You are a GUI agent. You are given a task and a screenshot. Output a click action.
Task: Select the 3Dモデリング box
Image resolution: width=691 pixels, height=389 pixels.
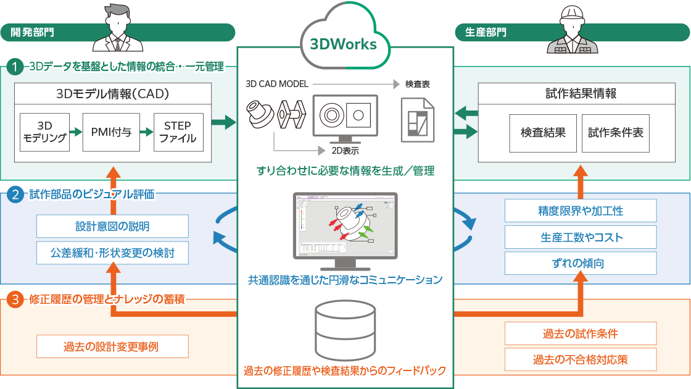(x=44, y=132)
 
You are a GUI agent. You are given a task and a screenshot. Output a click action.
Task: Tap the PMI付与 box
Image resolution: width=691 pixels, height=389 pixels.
(x=111, y=132)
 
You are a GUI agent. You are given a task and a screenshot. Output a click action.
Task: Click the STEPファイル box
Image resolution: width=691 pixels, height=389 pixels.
(x=178, y=132)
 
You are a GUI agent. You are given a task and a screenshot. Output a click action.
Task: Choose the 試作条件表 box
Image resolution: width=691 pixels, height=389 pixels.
(x=615, y=132)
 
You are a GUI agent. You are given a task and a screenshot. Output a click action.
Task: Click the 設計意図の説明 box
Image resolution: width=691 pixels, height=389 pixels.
(x=112, y=226)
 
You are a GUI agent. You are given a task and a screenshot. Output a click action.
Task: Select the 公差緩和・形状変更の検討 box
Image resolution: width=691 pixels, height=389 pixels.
(x=112, y=252)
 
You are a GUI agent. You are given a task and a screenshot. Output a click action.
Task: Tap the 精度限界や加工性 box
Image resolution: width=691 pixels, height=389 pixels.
(x=581, y=211)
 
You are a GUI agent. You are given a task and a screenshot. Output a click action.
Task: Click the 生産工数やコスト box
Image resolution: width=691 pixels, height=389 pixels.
(x=581, y=237)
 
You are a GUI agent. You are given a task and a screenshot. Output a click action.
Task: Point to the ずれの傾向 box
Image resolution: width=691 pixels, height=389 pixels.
(x=581, y=263)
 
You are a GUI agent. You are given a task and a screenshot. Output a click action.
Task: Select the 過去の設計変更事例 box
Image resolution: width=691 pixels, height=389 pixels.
(x=112, y=346)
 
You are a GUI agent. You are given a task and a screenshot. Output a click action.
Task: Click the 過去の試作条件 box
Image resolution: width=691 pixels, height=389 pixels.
(x=581, y=333)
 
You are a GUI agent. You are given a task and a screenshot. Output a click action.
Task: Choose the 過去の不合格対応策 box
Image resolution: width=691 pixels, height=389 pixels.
(x=581, y=359)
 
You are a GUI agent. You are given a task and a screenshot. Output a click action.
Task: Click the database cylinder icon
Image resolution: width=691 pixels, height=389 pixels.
(x=345, y=328)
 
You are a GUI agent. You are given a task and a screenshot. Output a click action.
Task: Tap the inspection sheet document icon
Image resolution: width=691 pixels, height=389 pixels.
(x=418, y=120)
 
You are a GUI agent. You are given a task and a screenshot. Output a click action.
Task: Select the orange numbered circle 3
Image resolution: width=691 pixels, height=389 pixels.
(x=15, y=300)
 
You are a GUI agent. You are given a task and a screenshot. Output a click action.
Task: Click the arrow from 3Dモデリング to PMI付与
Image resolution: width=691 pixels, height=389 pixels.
(x=75, y=132)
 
